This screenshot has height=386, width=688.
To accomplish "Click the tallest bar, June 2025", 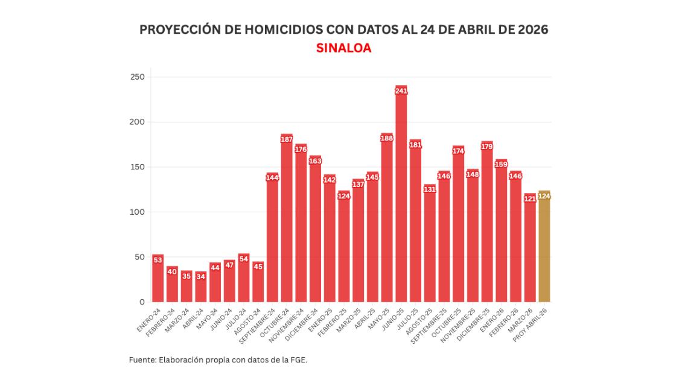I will coord(401,199).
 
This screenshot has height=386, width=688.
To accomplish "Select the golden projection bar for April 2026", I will coord(544,250).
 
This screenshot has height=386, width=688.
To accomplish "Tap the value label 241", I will coord(401,91).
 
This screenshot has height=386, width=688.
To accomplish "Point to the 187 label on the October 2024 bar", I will coord(287,139).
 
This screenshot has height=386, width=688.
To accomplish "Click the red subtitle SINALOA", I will coord(343,48).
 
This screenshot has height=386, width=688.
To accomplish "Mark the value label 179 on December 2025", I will coord(487,147).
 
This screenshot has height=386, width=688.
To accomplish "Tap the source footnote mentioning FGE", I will coord(218,360).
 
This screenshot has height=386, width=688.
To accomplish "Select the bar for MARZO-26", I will coord(530,250).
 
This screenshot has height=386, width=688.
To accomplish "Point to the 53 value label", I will coord(158,260).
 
